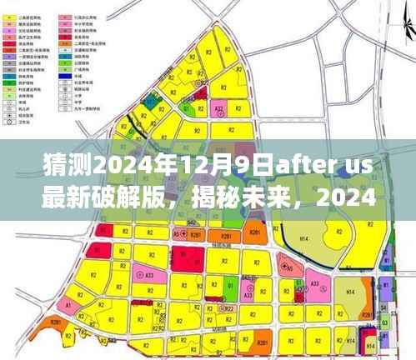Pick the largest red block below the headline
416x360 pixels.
coord(184,257)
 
